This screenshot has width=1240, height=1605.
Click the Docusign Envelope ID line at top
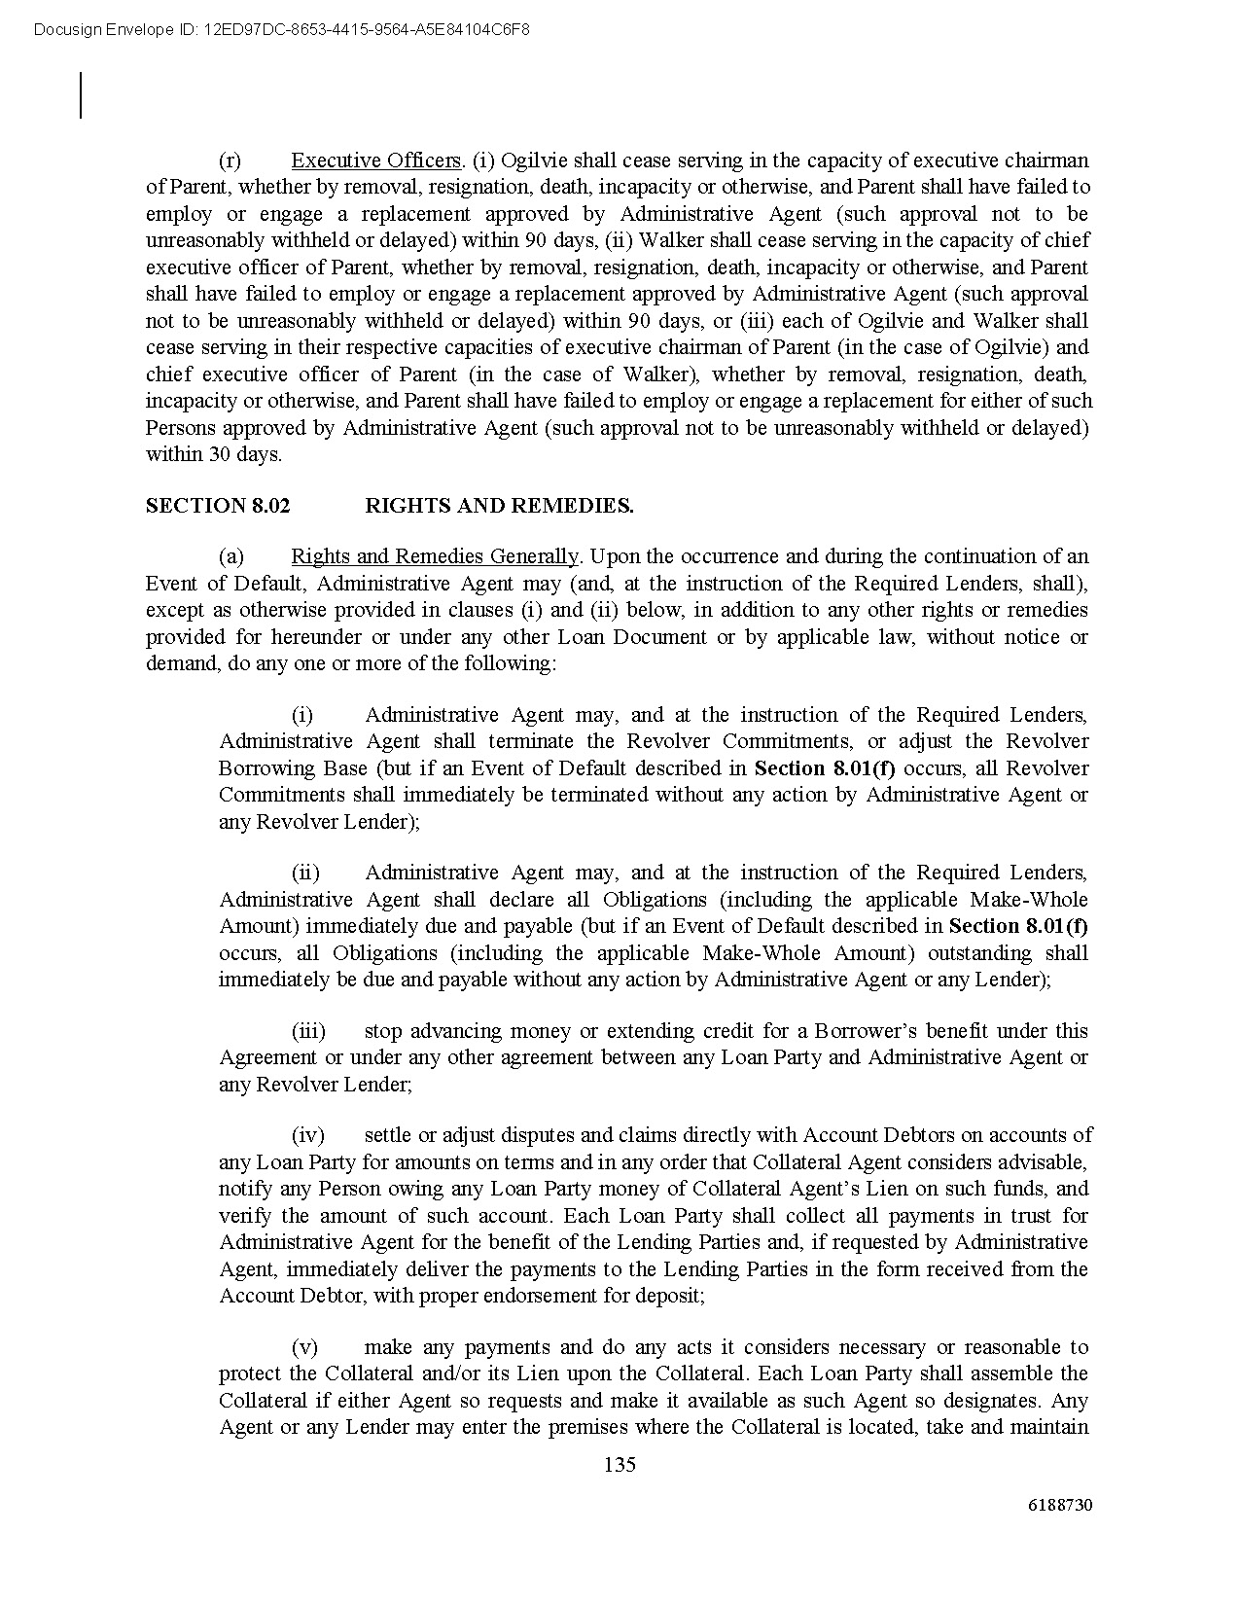pyautogui.click(x=281, y=29)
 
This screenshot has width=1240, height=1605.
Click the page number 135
pyautogui.click(x=620, y=1464)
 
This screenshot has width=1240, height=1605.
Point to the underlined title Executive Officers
pyautogui.click(x=375, y=160)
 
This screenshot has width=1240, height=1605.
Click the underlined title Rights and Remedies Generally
pyautogui.click(x=435, y=556)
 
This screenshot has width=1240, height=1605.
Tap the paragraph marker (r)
pyautogui.click(x=230, y=160)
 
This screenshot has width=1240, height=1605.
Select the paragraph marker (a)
pyautogui.click(x=230, y=556)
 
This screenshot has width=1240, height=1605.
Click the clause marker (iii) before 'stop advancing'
pyautogui.click(x=308, y=1030)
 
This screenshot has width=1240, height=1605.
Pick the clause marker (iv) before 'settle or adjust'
pyautogui.click(x=308, y=1135)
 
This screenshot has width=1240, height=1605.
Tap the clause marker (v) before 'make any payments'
pyautogui.click(x=304, y=1347)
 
